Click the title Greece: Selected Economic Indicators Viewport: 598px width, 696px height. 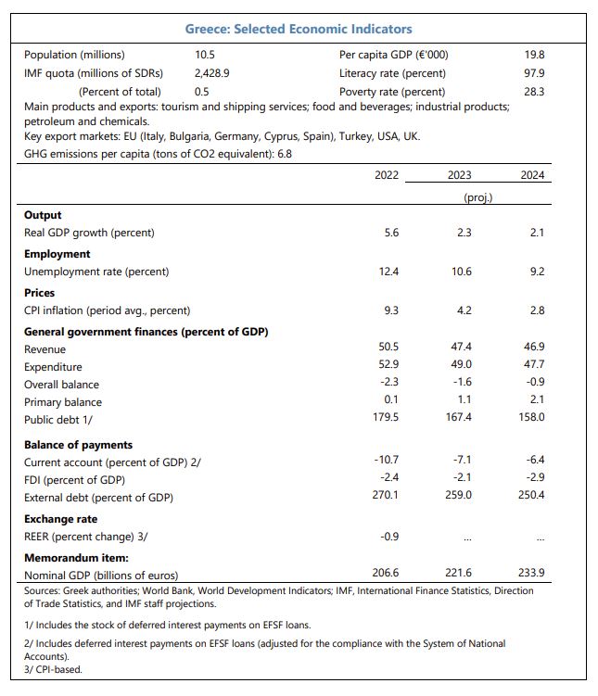299,29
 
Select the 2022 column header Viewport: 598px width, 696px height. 387,175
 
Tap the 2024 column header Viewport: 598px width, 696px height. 532,175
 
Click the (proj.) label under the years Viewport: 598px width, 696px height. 478,197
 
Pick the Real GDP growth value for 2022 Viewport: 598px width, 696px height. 391,233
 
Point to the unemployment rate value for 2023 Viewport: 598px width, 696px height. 462,272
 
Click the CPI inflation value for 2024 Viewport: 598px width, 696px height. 537,310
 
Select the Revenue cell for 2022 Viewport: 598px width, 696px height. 388,347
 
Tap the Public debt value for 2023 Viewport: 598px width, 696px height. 459,417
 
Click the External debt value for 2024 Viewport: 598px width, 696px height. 531,495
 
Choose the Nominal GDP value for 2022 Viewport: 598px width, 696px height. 386,573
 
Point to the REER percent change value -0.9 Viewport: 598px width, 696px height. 389,537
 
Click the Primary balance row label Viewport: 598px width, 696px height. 63,402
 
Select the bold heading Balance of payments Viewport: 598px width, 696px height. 78,445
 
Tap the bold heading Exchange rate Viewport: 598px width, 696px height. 61,519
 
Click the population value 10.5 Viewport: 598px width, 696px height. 205,55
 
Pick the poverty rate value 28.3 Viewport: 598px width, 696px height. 535,92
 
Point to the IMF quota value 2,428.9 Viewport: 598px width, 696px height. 212,73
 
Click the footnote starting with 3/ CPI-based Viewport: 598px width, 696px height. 53,669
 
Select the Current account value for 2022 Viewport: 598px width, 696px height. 387,460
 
